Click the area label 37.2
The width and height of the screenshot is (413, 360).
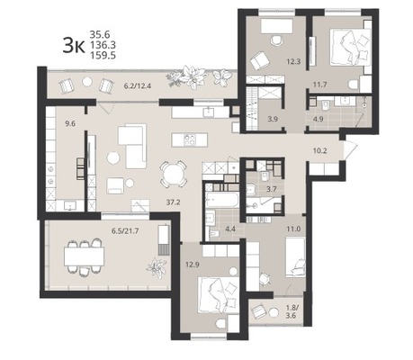(x=173, y=202)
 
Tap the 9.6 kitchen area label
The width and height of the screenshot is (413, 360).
(x=70, y=123)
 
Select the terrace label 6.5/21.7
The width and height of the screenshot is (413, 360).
(x=125, y=231)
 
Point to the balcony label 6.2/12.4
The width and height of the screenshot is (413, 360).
(x=138, y=85)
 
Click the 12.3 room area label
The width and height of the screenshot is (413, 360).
(x=293, y=62)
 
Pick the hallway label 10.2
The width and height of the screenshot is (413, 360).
(x=319, y=150)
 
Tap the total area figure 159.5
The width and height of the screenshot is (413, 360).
(x=103, y=56)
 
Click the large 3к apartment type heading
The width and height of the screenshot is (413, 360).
(x=74, y=46)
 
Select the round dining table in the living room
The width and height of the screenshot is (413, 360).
(x=174, y=174)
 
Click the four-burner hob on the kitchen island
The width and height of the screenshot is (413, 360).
(x=190, y=139)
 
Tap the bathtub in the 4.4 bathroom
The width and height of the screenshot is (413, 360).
(x=222, y=200)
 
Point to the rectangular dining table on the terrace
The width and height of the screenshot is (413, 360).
(x=84, y=256)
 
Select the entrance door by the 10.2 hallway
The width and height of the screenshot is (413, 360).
(x=350, y=150)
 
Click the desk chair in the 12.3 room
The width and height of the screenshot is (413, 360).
(x=276, y=40)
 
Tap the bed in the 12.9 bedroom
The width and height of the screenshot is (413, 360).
(x=219, y=295)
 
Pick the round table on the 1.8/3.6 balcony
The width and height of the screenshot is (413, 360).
(x=274, y=312)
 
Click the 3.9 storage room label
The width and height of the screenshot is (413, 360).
(x=273, y=119)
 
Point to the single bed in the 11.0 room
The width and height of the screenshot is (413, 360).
(x=295, y=256)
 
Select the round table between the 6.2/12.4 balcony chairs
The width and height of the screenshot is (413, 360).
(x=87, y=82)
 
